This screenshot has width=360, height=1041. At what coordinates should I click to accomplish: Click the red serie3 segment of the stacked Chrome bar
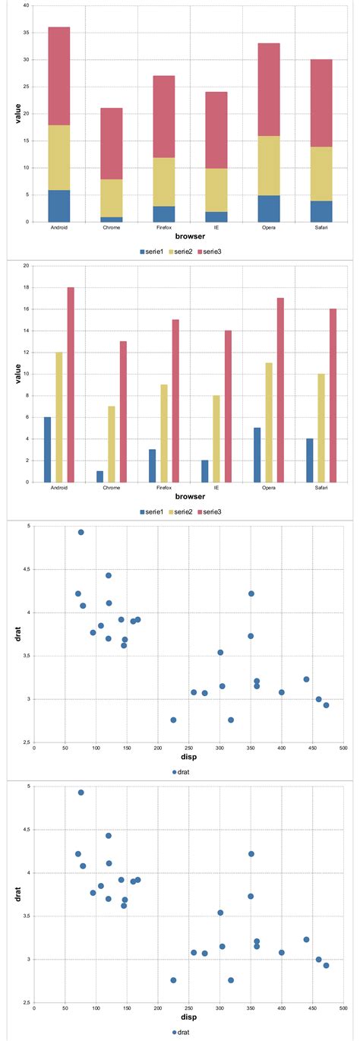(112, 143)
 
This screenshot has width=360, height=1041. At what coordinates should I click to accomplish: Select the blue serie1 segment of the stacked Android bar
(59, 206)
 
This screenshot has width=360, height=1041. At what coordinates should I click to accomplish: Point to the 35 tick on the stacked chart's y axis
(27, 33)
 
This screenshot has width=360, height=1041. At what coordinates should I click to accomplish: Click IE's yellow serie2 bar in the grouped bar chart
(216, 438)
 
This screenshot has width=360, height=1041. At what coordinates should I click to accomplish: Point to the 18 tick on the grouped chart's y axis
(27, 287)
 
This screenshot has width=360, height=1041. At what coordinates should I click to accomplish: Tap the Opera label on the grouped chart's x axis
(269, 489)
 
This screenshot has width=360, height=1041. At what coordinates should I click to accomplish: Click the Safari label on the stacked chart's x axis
(321, 228)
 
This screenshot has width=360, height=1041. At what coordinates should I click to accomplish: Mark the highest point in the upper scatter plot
(81, 532)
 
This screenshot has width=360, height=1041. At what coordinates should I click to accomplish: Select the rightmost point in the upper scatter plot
(326, 705)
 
